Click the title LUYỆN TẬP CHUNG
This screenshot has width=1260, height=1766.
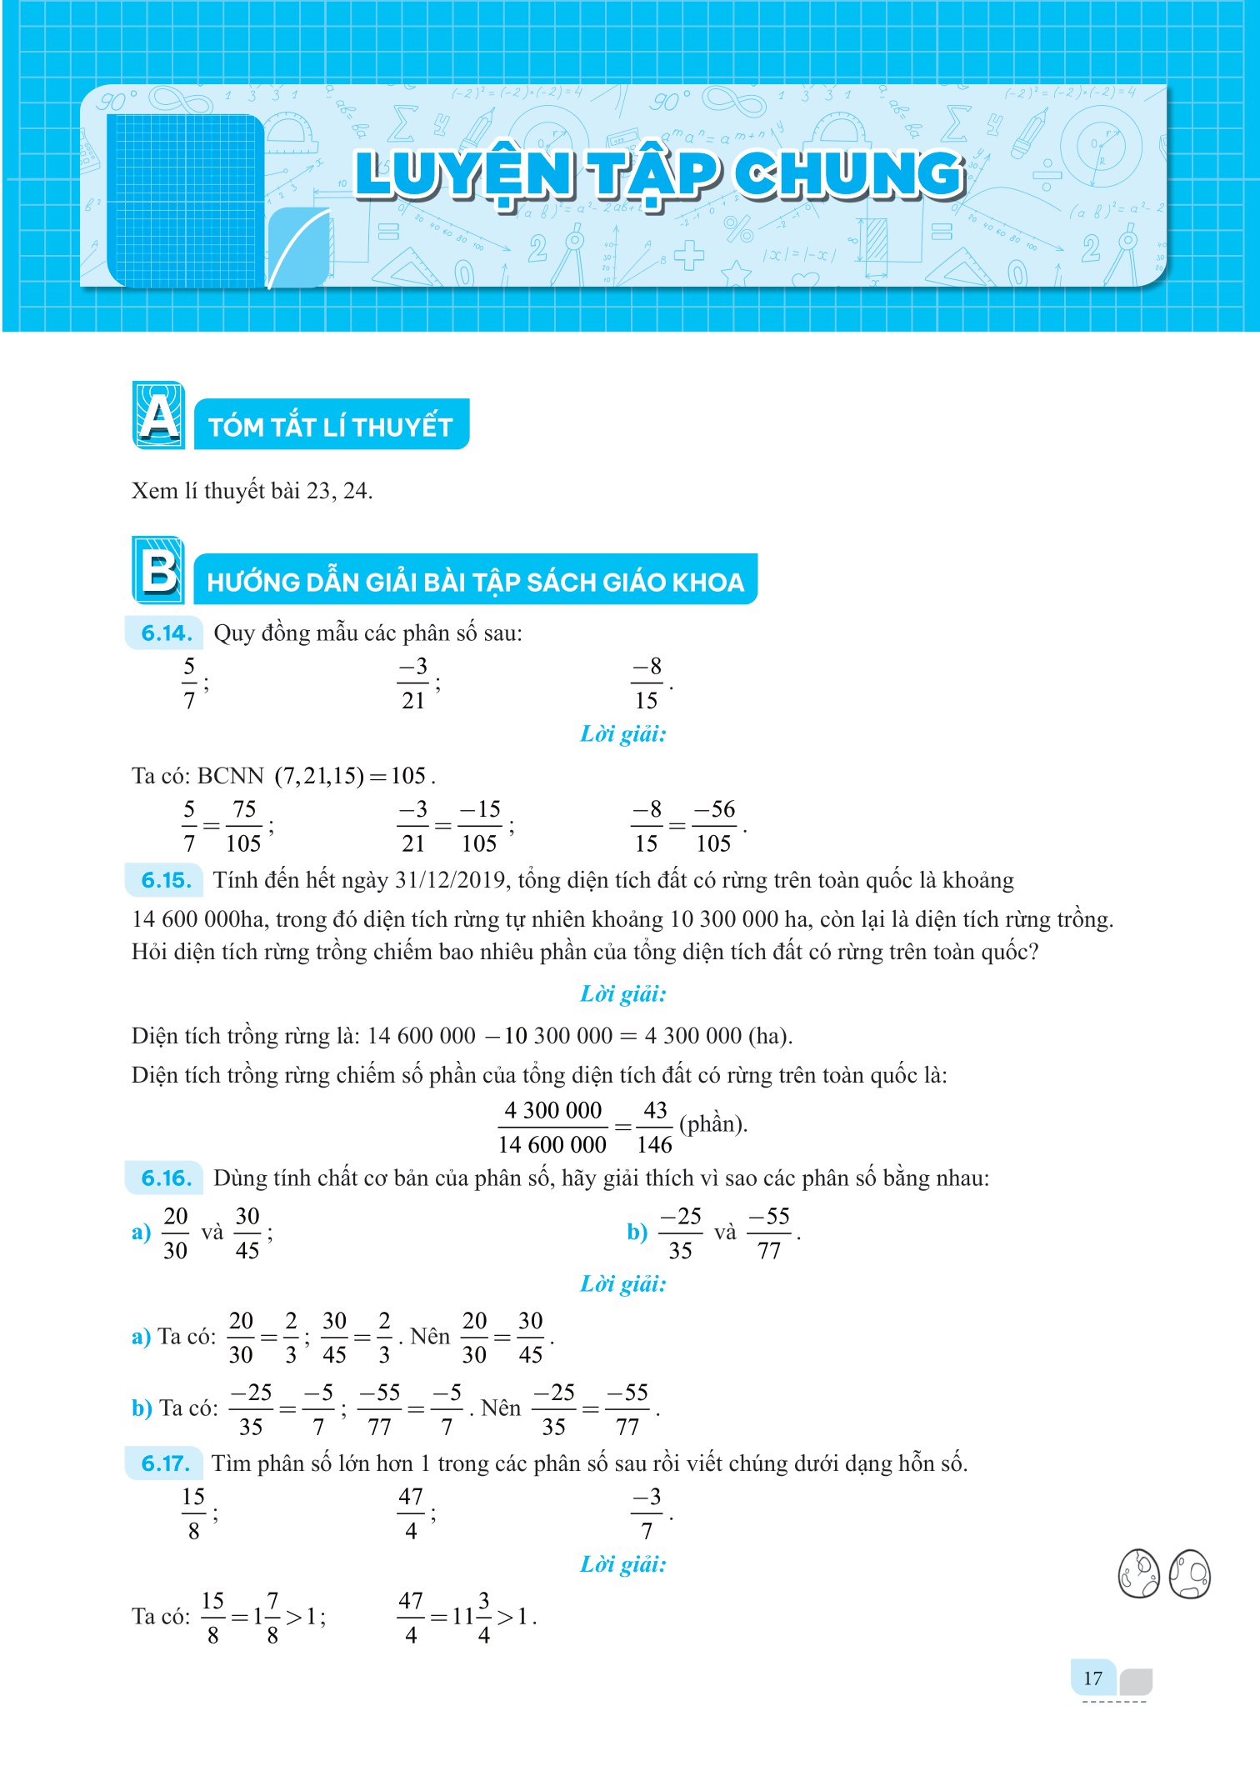coord(658,175)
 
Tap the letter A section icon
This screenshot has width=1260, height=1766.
coord(158,415)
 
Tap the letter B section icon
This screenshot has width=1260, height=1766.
coord(158,570)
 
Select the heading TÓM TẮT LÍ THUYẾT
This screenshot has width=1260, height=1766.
coord(331,426)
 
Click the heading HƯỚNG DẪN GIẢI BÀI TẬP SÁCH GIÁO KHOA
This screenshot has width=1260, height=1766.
coord(475,581)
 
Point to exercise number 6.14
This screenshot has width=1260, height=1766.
coord(166,633)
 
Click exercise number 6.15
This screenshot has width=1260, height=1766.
coord(166,880)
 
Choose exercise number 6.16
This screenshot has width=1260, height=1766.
coord(166,1178)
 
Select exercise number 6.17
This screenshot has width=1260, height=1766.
coord(166,1463)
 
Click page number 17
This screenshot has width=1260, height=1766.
coord(1092,1678)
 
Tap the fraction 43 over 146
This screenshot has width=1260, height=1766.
coord(654,1127)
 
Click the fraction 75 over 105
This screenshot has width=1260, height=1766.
coord(243,826)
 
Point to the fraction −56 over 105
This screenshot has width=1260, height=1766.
coord(714,826)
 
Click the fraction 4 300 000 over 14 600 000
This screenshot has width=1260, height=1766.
coord(552,1127)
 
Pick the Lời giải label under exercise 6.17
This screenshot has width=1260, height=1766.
coord(623,1564)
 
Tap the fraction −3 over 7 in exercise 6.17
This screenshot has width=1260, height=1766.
coord(647,1513)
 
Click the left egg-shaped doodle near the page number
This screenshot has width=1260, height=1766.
coord(1138,1573)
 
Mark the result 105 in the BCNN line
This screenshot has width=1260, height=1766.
coord(408,776)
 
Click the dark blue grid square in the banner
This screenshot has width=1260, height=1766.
coord(186,201)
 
